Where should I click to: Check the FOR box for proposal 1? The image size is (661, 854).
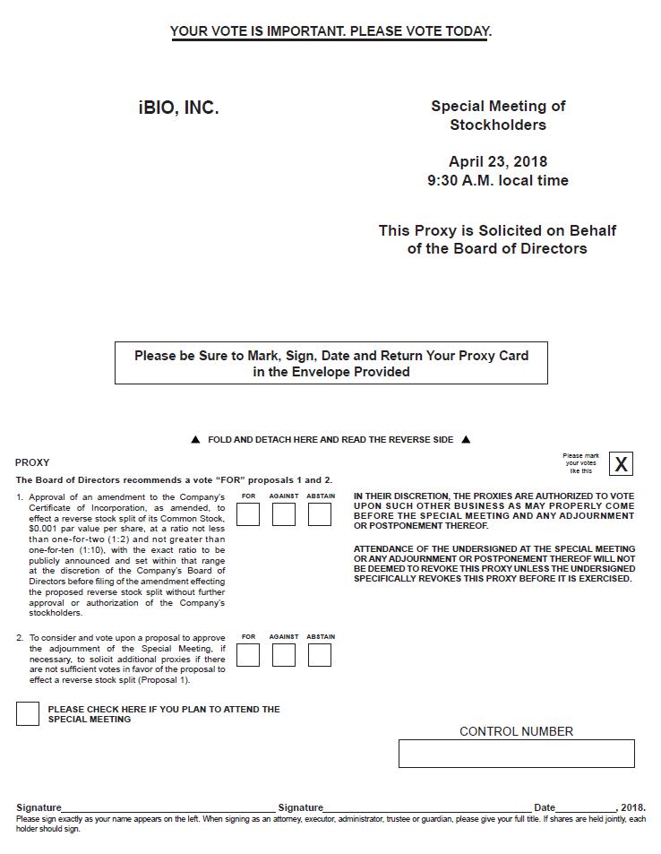click(x=248, y=514)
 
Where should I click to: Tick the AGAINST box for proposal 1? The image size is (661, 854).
click(x=284, y=514)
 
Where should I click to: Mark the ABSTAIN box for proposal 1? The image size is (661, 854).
click(x=320, y=514)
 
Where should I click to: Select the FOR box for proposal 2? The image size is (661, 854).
click(x=248, y=655)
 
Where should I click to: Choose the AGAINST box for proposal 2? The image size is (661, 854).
click(x=284, y=655)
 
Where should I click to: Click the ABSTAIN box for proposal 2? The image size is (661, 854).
click(x=320, y=655)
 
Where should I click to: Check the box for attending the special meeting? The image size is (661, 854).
click(x=28, y=714)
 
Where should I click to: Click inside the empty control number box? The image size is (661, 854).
click(x=516, y=754)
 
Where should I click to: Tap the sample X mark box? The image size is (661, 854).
click(x=621, y=464)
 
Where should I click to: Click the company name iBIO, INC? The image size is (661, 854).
click(x=179, y=108)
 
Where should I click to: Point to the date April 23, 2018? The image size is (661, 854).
click(x=498, y=162)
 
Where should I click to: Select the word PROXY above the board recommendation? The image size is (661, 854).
click(x=32, y=462)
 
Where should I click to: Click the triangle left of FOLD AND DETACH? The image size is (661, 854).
click(x=196, y=440)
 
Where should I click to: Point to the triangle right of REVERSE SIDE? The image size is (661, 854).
click(x=466, y=440)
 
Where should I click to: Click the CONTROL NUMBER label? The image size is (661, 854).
click(x=516, y=731)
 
